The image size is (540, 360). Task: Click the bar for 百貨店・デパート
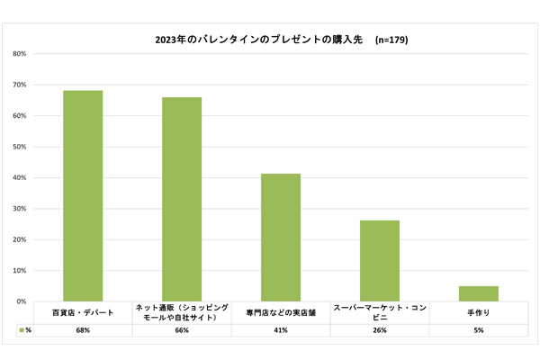83,195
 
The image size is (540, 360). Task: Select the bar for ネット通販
182,199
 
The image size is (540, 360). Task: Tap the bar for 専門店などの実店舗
281,237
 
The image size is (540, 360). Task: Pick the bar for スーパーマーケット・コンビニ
380,260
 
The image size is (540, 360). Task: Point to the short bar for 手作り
479,293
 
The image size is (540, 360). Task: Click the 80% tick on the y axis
19,54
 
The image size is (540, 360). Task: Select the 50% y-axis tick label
19,147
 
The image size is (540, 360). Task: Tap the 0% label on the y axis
21,301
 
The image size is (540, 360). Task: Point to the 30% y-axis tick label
19,209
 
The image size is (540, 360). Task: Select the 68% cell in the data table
83,330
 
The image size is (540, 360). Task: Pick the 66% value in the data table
182,330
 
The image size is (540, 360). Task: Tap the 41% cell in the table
281,330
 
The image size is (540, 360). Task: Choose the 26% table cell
380,330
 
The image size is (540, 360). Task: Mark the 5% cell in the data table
479,330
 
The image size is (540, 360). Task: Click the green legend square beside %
21,330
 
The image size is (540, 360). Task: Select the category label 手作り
479,312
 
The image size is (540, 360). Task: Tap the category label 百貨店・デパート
83,312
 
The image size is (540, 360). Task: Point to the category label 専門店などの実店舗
281,312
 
